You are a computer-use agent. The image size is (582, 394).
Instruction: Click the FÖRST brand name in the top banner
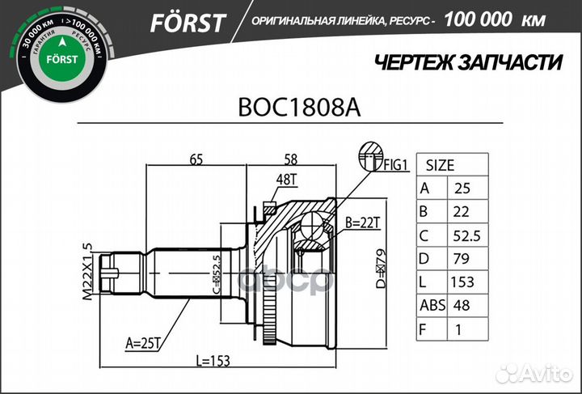click(188, 22)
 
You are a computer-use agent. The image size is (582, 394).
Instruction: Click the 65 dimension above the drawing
click(196, 159)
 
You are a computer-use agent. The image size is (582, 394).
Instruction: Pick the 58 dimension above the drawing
click(292, 159)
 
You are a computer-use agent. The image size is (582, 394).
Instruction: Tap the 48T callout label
click(286, 180)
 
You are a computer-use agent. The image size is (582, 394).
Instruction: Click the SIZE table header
click(440, 164)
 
